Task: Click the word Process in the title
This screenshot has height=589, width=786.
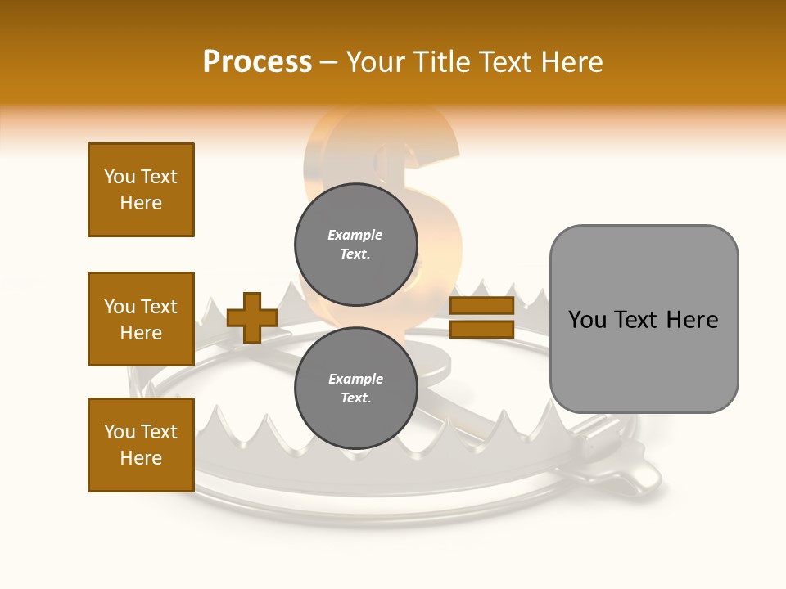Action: click(x=257, y=62)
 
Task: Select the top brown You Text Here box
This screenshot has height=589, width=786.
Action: click(x=141, y=190)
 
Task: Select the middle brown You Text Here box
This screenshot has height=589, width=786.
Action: click(x=141, y=319)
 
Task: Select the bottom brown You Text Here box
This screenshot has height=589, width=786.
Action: click(x=141, y=444)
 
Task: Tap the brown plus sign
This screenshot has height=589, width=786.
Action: click(x=252, y=317)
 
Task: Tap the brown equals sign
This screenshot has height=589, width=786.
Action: click(x=481, y=317)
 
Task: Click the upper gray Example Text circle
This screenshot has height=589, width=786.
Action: click(x=355, y=244)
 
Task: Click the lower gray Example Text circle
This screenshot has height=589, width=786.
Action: click(x=355, y=388)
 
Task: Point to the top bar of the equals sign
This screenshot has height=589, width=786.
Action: click(x=481, y=306)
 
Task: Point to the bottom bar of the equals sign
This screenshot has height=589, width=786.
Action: click(x=481, y=329)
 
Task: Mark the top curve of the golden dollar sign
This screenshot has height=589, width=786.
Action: click(x=385, y=123)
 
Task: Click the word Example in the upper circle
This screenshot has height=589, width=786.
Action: click(x=355, y=235)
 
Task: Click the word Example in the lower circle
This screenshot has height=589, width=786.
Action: click(x=355, y=379)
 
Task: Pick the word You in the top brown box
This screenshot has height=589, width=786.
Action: click(x=120, y=177)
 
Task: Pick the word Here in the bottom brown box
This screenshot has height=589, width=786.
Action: click(x=141, y=458)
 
